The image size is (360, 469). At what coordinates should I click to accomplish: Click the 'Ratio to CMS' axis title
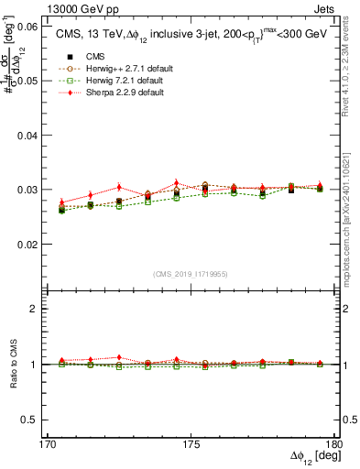12,364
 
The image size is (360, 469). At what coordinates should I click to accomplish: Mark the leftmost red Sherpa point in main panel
62,202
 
